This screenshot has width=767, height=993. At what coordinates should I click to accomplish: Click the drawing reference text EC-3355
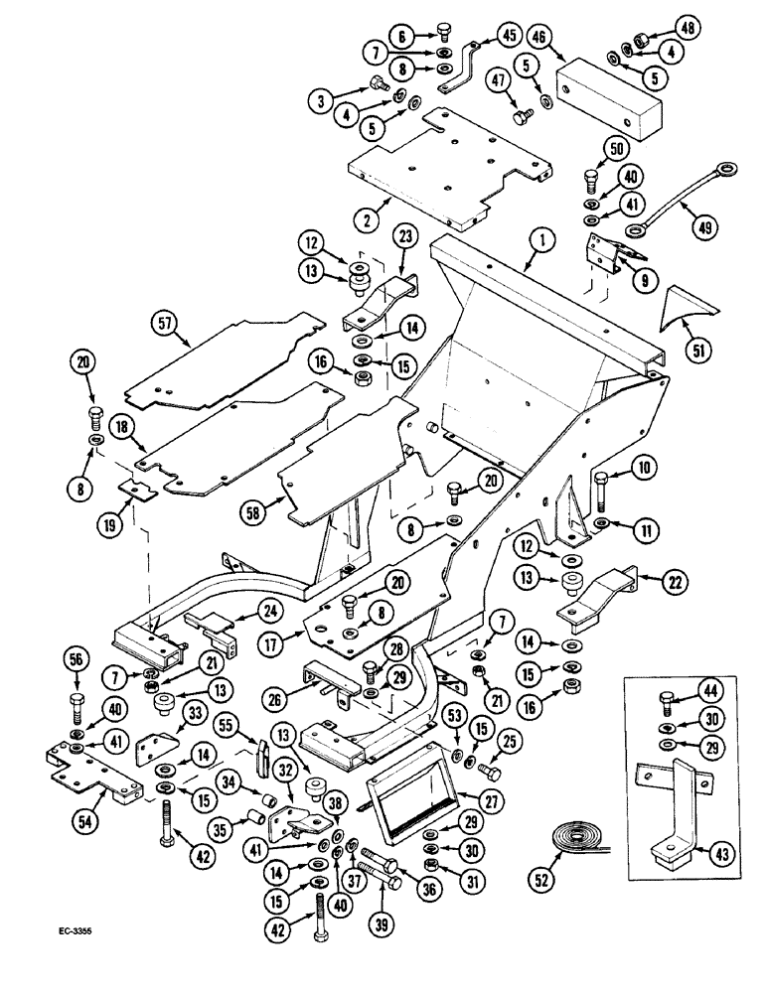[x=81, y=934]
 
